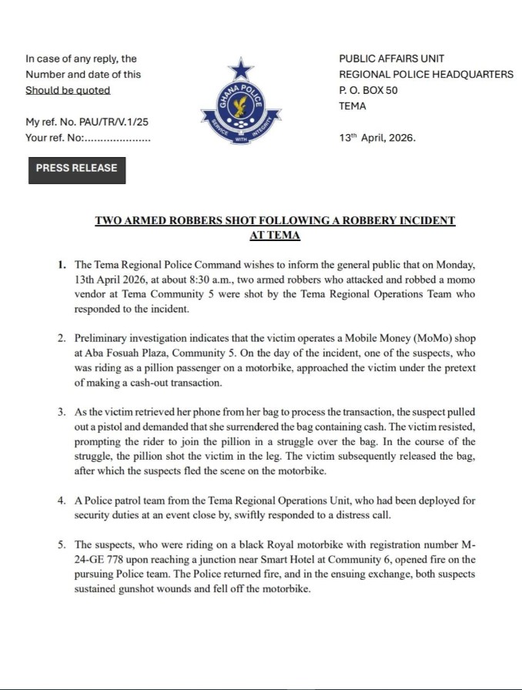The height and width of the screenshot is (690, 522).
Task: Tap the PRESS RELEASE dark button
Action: [76, 168]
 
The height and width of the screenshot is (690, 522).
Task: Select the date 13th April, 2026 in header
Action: [376, 139]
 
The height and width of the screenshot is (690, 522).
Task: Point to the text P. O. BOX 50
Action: [369, 90]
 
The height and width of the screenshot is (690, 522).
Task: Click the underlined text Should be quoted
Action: [68, 90]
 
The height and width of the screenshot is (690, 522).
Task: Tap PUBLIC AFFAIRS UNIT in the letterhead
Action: [391, 59]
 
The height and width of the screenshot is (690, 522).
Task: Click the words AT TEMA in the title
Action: [274, 235]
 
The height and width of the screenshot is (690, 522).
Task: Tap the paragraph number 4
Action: [62, 501]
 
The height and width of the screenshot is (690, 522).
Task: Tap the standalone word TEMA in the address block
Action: [353, 106]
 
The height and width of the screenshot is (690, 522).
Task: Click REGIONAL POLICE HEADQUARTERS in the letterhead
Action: [426, 75]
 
